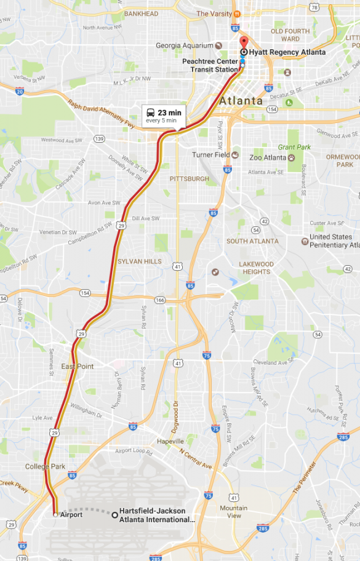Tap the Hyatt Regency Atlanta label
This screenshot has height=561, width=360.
click(x=287, y=52)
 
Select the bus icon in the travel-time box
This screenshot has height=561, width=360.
click(x=150, y=113)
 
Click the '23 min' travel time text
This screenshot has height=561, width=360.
click(x=169, y=113)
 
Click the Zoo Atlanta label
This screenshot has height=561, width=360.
click(x=268, y=157)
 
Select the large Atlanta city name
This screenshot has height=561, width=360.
click(x=241, y=100)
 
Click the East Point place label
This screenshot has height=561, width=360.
click(x=77, y=367)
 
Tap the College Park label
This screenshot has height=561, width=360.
click(x=45, y=466)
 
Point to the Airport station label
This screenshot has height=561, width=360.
click(x=71, y=515)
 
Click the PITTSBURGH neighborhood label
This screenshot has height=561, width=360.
click(x=189, y=178)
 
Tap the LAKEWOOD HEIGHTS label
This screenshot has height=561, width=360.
click(x=248, y=268)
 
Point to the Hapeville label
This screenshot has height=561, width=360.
click(x=170, y=442)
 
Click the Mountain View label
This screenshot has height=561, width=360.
click(x=233, y=512)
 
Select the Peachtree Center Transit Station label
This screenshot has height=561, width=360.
click(x=209, y=66)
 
